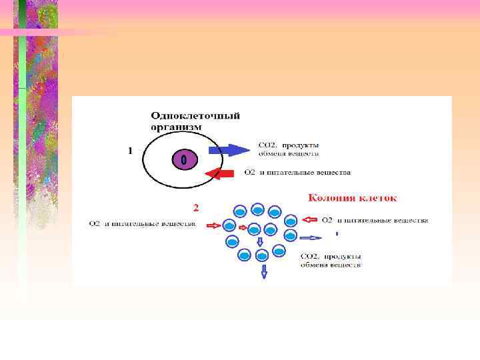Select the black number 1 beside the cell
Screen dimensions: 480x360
pyautogui.click(x=131, y=151)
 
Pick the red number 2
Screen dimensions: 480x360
pyautogui.click(x=195, y=206)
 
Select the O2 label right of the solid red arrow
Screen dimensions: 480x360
pyautogui.click(x=249, y=173)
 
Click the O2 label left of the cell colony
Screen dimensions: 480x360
pyautogui.click(x=95, y=224)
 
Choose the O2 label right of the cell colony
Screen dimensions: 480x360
pyautogui.click(x=327, y=220)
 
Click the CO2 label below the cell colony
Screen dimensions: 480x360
pyautogui.click(x=309, y=255)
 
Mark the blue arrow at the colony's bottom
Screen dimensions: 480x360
pyautogui.click(x=264, y=271)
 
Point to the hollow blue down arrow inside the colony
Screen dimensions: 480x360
pyautogui.click(x=260, y=242)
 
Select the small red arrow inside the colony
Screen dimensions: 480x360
pyautogui.click(x=243, y=228)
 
